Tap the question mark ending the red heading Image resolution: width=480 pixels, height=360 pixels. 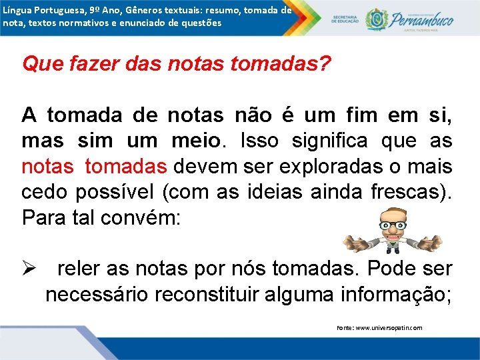pyautogui.click(x=325, y=65)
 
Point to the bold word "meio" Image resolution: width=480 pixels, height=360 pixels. pyautogui.click(x=196, y=141)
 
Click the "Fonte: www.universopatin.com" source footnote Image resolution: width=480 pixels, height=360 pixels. pyautogui.click(x=379, y=328)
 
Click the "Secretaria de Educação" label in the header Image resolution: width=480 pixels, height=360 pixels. pyautogui.click(x=346, y=19)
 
